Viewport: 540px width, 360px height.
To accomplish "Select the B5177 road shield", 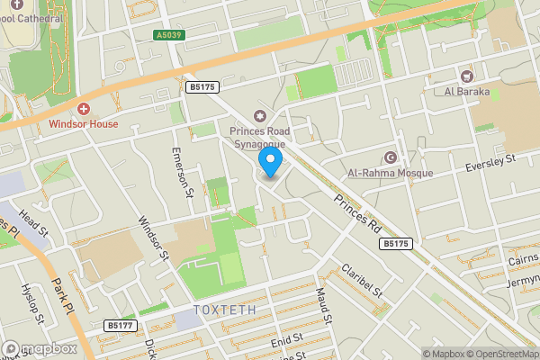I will pos(120,325).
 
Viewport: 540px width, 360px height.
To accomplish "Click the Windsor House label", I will pos(84,123).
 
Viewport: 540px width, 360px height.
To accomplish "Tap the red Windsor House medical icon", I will pos(84,108).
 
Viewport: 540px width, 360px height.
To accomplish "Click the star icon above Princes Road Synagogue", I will pos(261,115).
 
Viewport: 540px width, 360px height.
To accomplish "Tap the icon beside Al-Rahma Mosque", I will pos(391,157).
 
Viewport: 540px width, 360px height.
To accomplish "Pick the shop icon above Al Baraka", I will pos(467,76).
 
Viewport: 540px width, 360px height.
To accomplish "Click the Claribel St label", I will pos(362,281).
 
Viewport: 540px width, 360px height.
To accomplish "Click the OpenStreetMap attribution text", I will pos(499,353).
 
